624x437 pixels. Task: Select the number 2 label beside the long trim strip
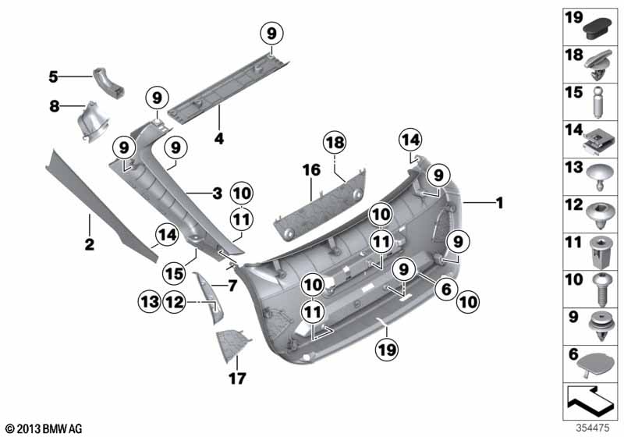click(x=90, y=245)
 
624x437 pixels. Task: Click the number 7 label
click(x=231, y=286)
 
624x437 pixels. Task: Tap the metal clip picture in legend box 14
click(x=597, y=140)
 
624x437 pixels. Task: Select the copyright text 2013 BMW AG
click(x=43, y=428)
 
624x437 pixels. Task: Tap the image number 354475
click(x=595, y=428)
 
